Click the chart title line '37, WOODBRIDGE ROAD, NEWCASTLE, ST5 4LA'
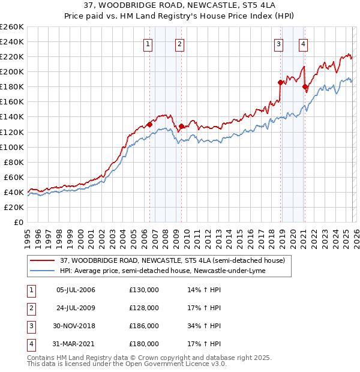(x=179, y=6)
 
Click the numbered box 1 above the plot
(x=148, y=43)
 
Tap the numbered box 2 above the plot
(x=179, y=43)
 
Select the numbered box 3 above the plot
(x=279, y=43)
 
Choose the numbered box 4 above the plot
(x=304, y=43)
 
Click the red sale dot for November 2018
(x=280, y=82)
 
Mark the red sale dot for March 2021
(x=305, y=87)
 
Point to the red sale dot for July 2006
(x=149, y=124)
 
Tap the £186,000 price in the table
(x=144, y=326)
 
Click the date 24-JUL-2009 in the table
(x=76, y=308)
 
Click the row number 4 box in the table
(x=31, y=344)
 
